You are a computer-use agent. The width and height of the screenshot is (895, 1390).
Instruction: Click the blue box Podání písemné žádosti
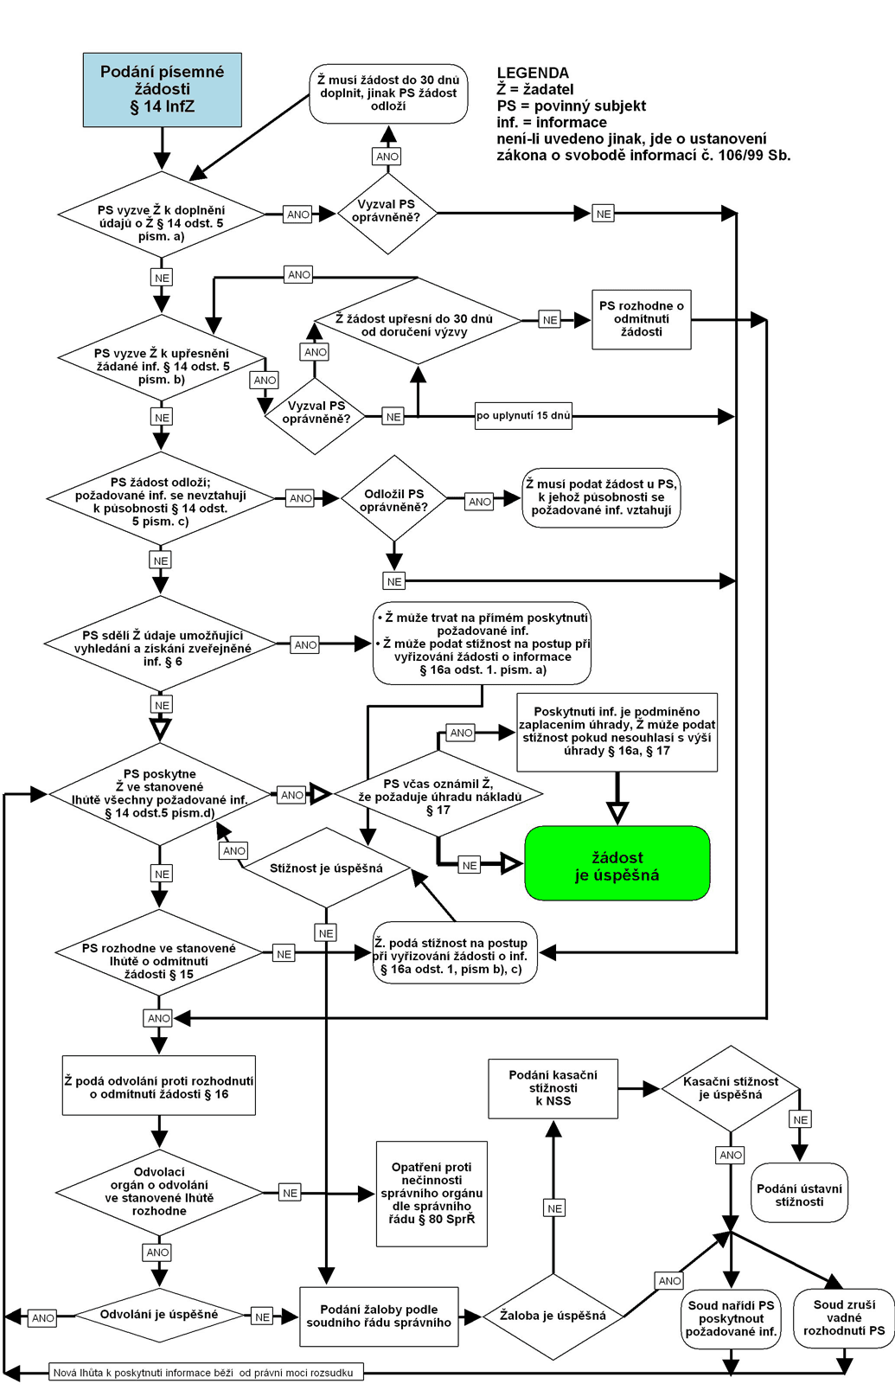tap(162, 90)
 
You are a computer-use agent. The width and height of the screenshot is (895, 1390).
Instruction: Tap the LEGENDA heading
tap(533, 73)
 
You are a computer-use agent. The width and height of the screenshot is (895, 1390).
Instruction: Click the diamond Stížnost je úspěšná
tap(326, 868)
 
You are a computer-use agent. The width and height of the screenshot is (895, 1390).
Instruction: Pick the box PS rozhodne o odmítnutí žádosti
tap(641, 319)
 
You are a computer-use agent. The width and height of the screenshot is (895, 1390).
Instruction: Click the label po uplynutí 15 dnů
tap(523, 415)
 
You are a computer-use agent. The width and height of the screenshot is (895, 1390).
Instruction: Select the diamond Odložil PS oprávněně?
tap(394, 499)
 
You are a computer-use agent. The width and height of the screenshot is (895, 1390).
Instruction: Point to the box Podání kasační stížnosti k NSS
tap(553, 1088)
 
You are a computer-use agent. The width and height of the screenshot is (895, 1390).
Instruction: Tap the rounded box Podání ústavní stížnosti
tap(799, 1194)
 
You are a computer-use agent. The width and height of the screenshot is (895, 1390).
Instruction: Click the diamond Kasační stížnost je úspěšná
tap(731, 1088)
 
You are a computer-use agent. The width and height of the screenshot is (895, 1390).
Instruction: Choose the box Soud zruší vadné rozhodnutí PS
tap(844, 1316)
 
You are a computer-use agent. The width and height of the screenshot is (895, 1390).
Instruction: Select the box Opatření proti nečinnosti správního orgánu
tap(432, 1193)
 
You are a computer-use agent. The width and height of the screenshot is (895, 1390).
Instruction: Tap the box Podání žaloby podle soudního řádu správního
tap(379, 1316)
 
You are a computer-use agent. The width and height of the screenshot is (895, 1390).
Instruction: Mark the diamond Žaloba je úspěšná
tap(553, 1316)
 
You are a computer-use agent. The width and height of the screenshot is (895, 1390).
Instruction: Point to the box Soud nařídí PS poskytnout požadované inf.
tap(731, 1317)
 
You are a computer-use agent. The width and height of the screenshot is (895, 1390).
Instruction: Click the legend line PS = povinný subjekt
tap(571, 106)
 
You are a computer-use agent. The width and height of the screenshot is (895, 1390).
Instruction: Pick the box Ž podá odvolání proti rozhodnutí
tap(159, 1086)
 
